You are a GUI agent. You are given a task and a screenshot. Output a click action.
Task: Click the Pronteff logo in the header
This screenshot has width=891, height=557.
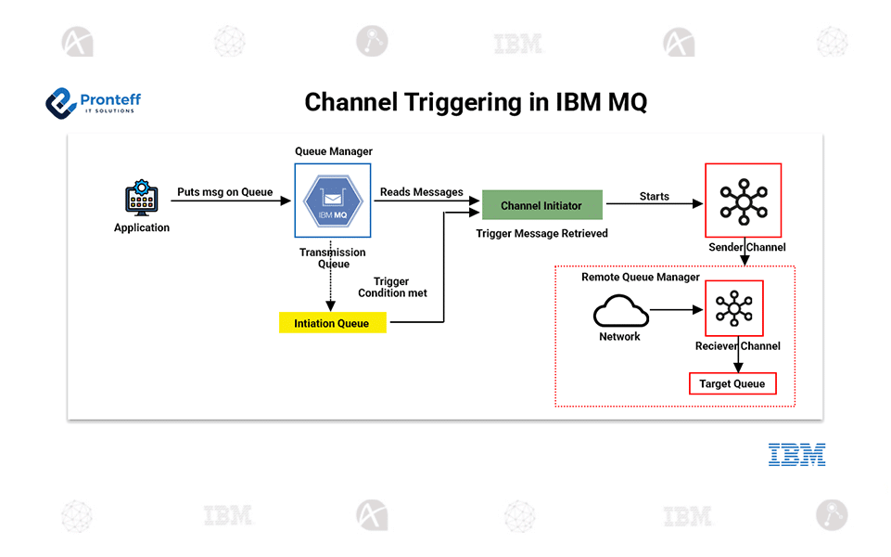pyautogui.click(x=93, y=102)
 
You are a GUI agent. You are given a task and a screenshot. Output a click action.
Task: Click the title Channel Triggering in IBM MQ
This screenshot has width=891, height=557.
pyautogui.click(x=476, y=102)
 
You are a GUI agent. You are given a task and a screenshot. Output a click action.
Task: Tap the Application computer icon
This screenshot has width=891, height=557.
pyautogui.click(x=142, y=199)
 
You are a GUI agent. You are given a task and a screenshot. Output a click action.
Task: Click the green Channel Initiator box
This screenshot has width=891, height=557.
pyautogui.click(x=541, y=205)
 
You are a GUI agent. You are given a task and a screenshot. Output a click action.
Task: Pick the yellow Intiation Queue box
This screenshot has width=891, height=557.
pyautogui.click(x=332, y=323)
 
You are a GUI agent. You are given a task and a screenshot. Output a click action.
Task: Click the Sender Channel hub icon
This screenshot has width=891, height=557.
pyautogui.click(x=743, y=201)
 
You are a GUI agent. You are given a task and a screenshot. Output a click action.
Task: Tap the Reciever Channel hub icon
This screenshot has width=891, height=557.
pyautogui.click(x=733, y=307)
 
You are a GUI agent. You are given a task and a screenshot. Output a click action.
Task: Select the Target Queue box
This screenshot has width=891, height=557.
pyautogui.click(x=732, y=383)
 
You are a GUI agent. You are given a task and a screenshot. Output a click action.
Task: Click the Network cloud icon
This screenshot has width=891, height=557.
pyautogui.click(x=620, y=311)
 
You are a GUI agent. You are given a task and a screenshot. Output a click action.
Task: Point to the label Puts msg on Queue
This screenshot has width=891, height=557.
pyautogui.click(x=225, y=192)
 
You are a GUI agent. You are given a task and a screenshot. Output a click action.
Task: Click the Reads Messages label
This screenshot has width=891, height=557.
pyautogui.click(x=421, y=192)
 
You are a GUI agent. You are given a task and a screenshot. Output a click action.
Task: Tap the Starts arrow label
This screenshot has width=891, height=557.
pyautogui.click(x=654, y=196)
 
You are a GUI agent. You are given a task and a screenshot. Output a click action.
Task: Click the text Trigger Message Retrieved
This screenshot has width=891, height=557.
pyautogui.click(x=541, y=234)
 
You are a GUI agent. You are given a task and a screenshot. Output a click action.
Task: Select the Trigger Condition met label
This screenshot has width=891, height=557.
pyautogui.click(x=392, y=287)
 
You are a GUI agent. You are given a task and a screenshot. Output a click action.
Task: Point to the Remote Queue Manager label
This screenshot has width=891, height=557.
pyautogui.click(x=640, y=278)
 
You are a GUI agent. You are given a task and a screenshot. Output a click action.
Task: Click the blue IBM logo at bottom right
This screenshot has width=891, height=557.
pyautogui.click(x=796, y=454)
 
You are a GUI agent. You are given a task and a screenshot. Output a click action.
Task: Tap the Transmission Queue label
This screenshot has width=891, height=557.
pyautogui.click(x=332, y=258)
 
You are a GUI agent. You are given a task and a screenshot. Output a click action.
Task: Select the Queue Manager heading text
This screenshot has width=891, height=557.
pyautogui.click(x=333, y=151)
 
